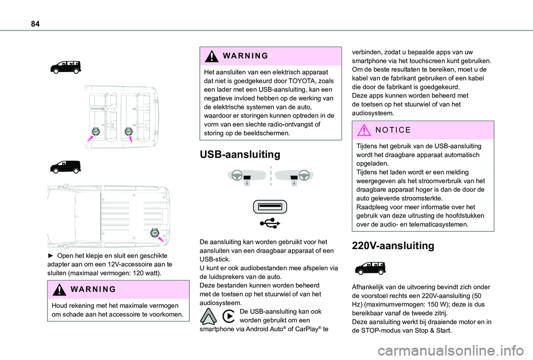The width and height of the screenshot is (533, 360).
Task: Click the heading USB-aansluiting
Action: point(235,154)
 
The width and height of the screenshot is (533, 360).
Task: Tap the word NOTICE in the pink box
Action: point(392,130)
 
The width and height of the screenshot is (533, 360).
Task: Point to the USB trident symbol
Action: point(269,223)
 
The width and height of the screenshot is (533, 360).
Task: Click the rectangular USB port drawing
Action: point(269,206)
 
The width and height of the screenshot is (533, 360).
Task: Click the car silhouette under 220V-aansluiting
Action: point(368,268)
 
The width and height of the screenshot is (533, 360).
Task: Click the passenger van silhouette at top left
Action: point(64,67)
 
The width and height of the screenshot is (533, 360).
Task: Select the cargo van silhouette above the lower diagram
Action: point(64,166)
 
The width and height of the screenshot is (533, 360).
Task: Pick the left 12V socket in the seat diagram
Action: point(95,131)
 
